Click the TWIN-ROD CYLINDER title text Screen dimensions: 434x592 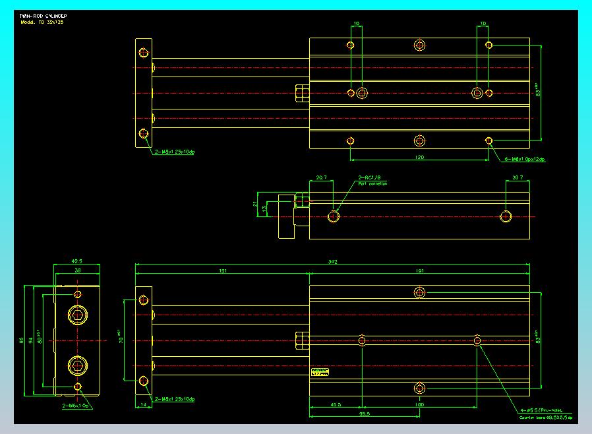point(43,15)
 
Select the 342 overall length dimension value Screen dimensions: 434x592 point(333,263)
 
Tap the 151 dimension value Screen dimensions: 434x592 point(222,270)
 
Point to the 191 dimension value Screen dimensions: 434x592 point(419,270)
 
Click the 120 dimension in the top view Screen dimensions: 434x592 point(419,158)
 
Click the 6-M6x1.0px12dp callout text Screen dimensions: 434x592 point(525,160)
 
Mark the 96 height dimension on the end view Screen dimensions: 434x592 point(22,340)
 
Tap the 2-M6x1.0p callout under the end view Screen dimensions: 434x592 point(76,406)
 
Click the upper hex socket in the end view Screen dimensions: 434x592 point(78,316)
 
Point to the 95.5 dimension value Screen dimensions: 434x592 point(364,414)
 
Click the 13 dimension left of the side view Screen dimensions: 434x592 point(265,209)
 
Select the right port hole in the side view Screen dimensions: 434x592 point(506,216)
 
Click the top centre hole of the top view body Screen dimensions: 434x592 point(420,45)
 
